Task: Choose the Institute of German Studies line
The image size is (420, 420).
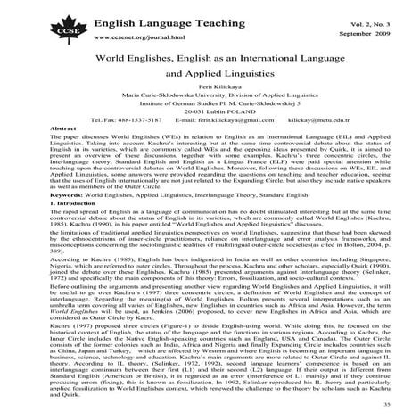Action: tap(210, 122)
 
